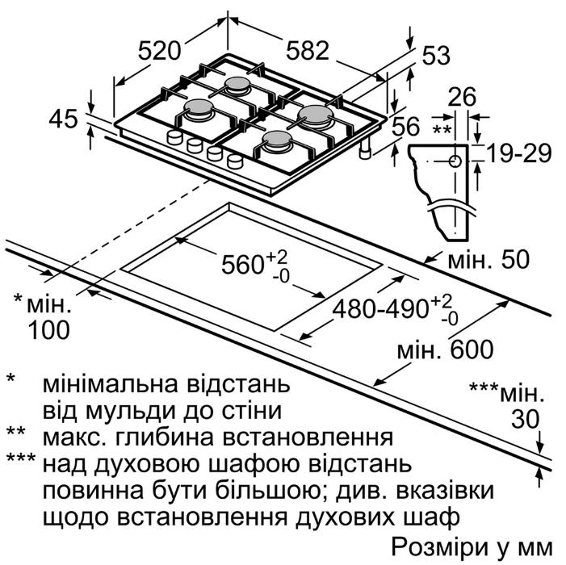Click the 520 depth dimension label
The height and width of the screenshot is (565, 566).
(x=159, y=51)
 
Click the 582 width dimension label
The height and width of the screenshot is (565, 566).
(x=308, y=50)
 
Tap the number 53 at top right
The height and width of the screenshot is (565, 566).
(x=436, y=56)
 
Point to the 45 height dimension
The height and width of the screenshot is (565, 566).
(x=63, y=119)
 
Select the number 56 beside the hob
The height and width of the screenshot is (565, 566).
(x=406, y=126)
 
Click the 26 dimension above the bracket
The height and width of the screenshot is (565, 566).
(x=462, y=97)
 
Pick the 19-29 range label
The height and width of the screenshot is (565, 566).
(x=519, y=153)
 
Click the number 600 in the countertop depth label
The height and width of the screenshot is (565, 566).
(x=472, y=349)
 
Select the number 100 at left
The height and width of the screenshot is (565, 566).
(x=48, y=330)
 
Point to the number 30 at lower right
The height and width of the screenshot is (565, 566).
(x=525, y=420)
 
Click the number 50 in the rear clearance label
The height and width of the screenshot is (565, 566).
(x=515, y=259)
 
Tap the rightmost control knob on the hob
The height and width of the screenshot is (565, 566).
(x=235, y=161)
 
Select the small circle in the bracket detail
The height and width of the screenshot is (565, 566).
(x=455, y=161)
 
